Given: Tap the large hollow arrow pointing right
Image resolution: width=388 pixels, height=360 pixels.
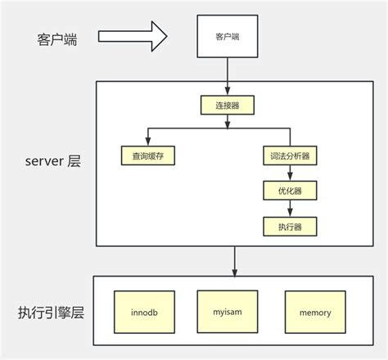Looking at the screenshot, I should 133,36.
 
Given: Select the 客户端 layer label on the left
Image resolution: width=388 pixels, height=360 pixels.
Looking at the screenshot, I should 57,39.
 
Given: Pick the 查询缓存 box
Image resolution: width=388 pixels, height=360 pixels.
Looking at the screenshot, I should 148,154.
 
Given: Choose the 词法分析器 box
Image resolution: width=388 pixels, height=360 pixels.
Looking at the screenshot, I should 290,154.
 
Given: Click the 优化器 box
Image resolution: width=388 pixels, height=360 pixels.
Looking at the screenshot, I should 290,190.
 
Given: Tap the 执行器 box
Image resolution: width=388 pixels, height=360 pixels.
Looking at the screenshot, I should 290,226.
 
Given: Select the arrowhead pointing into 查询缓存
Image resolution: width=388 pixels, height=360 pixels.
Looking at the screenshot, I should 148,140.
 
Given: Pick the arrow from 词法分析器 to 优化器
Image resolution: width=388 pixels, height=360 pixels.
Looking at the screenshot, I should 290,172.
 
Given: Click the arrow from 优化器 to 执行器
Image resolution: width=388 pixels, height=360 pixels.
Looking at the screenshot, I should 290,208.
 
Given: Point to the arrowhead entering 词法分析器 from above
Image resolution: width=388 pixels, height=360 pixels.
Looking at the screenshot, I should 290,140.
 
